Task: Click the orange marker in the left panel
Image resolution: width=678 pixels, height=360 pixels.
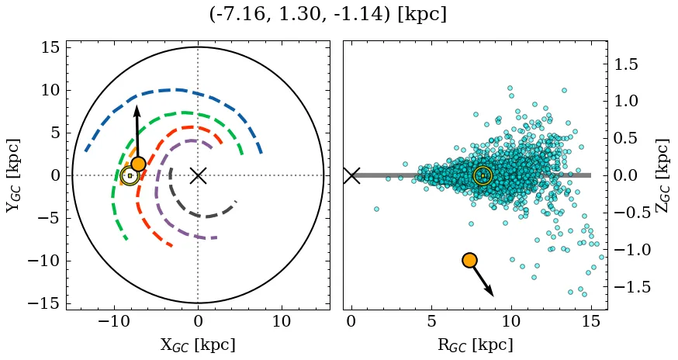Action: [138, 164]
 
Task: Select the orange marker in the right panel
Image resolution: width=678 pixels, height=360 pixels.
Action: [469, 260]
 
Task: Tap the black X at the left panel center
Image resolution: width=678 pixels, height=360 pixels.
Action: [198, 175]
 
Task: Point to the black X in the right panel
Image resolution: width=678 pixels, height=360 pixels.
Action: [351, 175]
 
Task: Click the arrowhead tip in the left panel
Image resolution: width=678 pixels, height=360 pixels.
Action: [136, 106]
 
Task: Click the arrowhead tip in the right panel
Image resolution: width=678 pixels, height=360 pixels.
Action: [493, 296]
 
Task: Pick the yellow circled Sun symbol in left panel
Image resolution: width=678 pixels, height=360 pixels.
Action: [130, 175]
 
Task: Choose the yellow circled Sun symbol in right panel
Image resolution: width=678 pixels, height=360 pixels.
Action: [483, 175]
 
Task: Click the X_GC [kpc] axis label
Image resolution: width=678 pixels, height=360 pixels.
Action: [198, 345]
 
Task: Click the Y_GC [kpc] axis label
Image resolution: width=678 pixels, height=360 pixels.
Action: [13, 175]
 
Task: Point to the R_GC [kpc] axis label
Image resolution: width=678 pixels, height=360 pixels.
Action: [476, 345]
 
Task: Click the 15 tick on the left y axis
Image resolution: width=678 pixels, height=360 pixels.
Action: [50, 47]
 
